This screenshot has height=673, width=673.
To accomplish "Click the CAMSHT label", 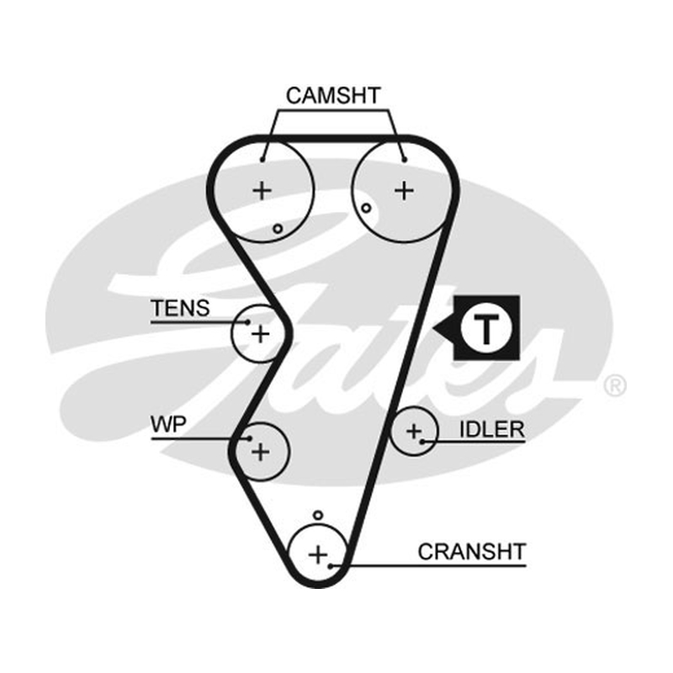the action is click(333, 95).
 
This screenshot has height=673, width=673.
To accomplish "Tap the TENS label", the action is click(180, 308).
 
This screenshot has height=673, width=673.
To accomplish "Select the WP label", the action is click(168, 425).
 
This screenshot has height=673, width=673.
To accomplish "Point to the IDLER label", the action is click(492, 429).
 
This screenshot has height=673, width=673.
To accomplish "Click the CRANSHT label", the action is click(472, 552).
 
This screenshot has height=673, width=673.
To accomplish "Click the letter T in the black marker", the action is click(486, 328).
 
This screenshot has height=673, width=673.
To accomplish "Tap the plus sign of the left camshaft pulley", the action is click(262, 190).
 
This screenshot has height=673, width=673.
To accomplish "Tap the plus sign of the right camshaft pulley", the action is click(404, 190).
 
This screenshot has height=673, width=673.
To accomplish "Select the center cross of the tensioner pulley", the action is click(260, 333).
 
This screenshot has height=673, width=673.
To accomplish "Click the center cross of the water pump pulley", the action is click(260, 452).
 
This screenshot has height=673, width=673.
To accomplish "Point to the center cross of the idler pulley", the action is click(414, 431).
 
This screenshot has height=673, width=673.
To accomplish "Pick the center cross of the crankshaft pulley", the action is click(318, 554).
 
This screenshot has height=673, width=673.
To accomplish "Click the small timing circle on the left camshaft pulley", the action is click(278, 229).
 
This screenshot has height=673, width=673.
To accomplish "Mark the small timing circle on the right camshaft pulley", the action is click(366, 208).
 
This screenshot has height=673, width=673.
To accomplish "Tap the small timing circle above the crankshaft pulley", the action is click(318, 515).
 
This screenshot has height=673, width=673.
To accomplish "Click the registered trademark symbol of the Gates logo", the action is click(615, 385).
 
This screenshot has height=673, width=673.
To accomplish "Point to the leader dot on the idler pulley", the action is click(422, 441).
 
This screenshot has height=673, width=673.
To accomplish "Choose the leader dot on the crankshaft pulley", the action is click(330, 566).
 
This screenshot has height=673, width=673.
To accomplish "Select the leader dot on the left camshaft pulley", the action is click(262, 160).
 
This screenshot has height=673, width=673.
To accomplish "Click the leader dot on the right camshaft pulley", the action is click(405, 160).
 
